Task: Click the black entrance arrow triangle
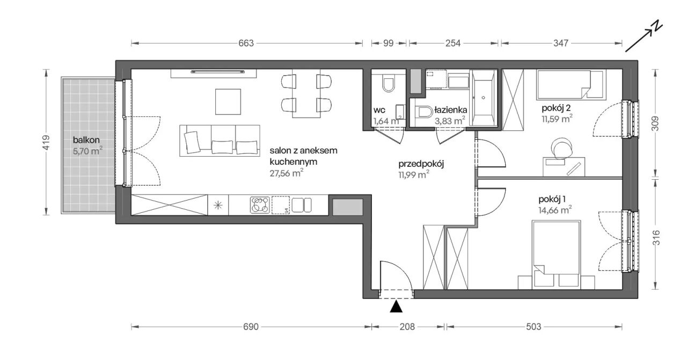pyautogui.click(x=396, y=307)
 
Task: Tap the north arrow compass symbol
pyautogui.click(x=644, y=38)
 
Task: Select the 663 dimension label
pyautogui.click(x=246, y=43)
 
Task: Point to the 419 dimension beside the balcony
pyautogui.click(x=46, y=143)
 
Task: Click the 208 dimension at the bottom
pyautogui.click(x=407, y=327)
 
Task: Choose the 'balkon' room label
pyautogui.click(x=86, y=140)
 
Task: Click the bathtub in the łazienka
pyautogui.click(x=483, y=98)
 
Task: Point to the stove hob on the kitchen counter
pyautogui.click(x=260, y=205)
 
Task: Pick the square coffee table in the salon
pyautogui.click(x=228, y=101)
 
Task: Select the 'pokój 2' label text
pyautogui.click(x=556, y=108)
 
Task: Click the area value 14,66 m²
pyautogui.click(x=555, y=210)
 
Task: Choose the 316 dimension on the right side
pyautogui.click(x=655, y=238)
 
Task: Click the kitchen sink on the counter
pyautogui.click(x=302, y=205)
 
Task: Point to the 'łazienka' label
pyautogui.click(x=450, y=110)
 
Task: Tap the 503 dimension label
pyautogui.click(x=533, y=327)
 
